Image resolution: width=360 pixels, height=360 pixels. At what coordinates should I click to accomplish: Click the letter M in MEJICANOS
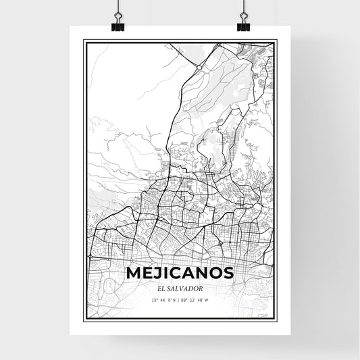click(134, 274)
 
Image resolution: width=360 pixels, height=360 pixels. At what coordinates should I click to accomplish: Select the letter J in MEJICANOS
click(158, 274)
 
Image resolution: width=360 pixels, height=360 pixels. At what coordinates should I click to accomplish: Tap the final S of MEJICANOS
click(228, 274)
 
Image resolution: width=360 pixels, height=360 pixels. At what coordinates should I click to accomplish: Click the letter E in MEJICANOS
click(148, 274)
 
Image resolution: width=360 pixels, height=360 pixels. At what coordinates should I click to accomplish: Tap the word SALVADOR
click(185, 288)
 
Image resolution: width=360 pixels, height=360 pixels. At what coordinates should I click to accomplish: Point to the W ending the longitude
click(207, 300)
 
